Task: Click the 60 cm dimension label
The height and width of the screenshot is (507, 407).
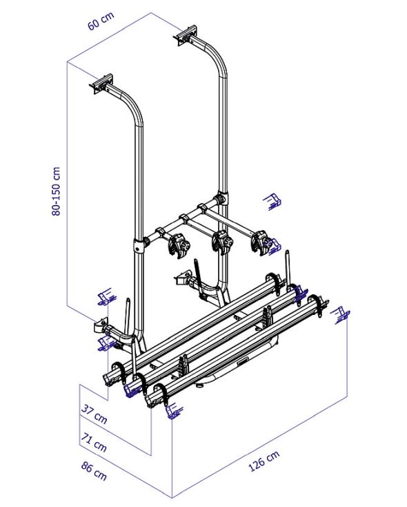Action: tap(101, 21)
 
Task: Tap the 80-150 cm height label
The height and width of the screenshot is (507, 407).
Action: tap(56, 191)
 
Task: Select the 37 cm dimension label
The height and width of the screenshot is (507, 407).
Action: tap(94, 414)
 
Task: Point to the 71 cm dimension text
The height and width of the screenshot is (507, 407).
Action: tap(94, 442)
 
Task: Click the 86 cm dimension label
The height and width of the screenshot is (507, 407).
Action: tap(94, 471)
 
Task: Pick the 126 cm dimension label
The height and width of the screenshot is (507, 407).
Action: tap(264, 461)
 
